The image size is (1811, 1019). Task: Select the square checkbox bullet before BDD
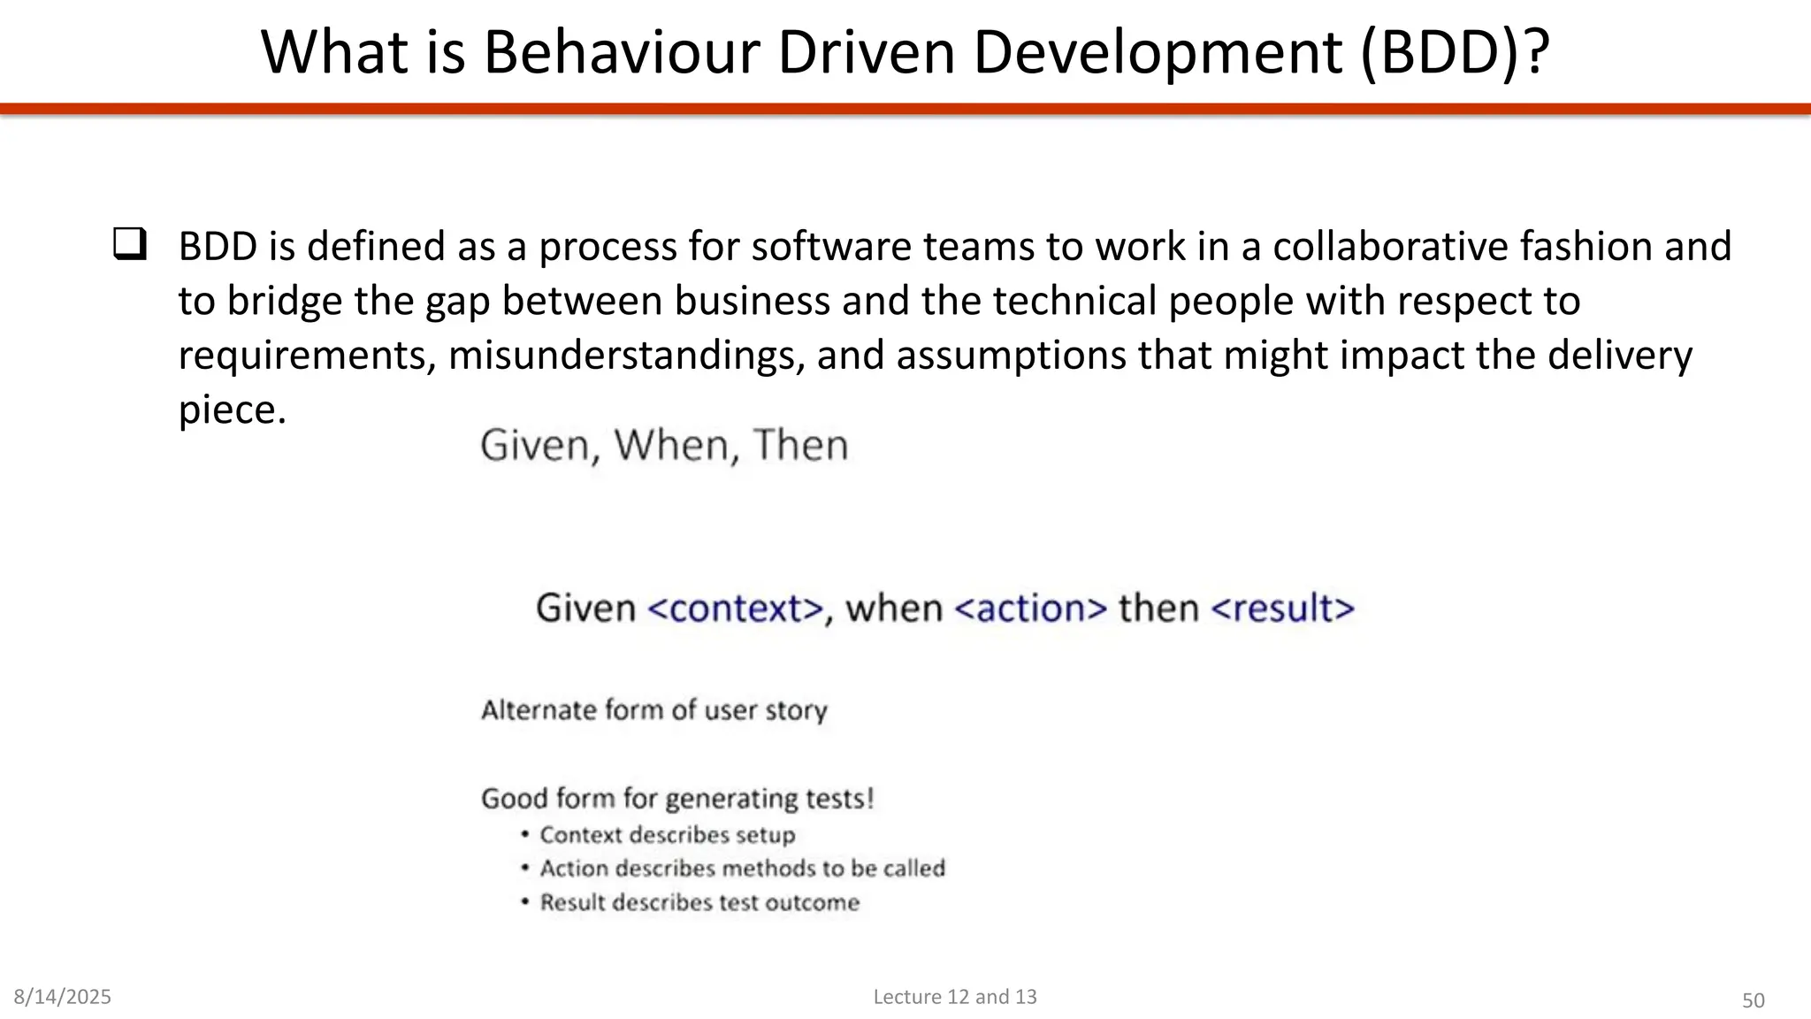pyautogui.click(x=129, y=244)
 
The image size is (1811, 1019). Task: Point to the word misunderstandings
pyautogui.click(x=627, y=355)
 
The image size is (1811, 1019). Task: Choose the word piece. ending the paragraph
pyautogui.click(x=233, y=410)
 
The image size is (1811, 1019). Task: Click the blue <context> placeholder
pyautogui.click(x=736, y=609)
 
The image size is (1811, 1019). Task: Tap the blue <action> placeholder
pyautogui.click(x=1031, y=609)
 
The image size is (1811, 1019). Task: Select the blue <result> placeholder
pyautogui.click(x=1282, y=609)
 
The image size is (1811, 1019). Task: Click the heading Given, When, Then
pyautogui.click(x=664, y=445)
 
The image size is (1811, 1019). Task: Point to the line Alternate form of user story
pyautogui.click(x=654, y=710)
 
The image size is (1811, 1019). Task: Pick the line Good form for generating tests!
pyautogui.click(x=677, y=799)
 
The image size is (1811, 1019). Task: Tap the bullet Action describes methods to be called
pyautogui.click(x=742, y=869)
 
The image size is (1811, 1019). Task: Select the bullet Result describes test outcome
pyautogui.click(x=699, y=902)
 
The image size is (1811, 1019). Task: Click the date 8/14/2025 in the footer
pyautogui.click(x=63, y=997)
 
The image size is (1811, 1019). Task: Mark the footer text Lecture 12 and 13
pyautogui.click(x=955, y=997)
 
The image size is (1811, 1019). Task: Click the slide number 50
pyautogui.click(x=1753, y=1000)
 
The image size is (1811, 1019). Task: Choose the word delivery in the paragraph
pyautogui.click(x=1619, y=355)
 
